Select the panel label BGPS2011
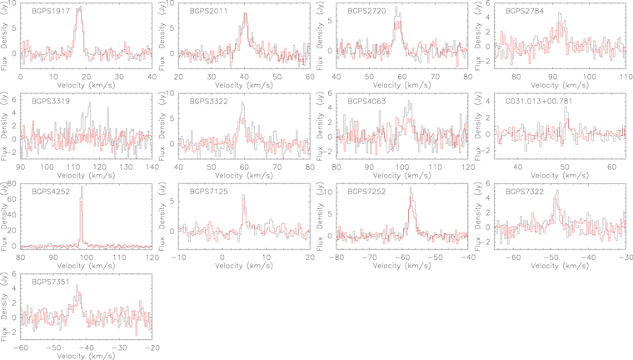click(207, 11)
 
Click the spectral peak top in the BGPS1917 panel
click(78, 9)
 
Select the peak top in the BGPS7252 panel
click(410, 189)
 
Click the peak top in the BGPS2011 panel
click(245, 15)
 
